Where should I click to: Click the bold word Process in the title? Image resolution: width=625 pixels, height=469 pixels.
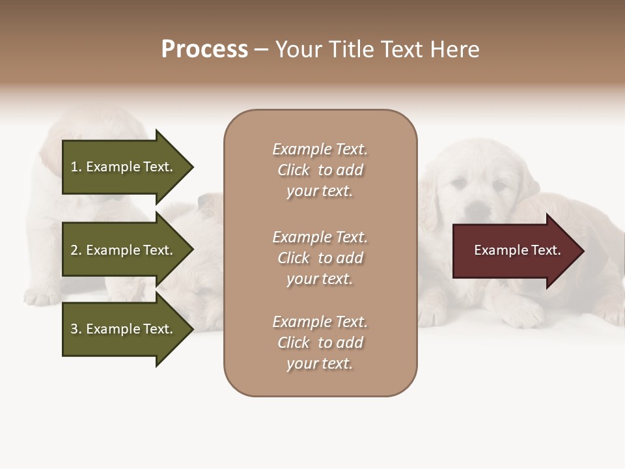(x=204, y=50)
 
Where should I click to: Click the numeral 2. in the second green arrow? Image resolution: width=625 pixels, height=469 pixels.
(x=76, y=250)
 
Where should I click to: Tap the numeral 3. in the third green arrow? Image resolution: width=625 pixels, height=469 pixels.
(x=76, y=329)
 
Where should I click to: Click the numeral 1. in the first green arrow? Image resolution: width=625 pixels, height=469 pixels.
(x=76, y=167)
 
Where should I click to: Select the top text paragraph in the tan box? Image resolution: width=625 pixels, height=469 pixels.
(x=320, y=170)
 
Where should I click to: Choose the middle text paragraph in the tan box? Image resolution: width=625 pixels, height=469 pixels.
(x=320, y=258)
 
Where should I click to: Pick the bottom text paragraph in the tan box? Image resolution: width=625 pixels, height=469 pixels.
(x=320, y=343)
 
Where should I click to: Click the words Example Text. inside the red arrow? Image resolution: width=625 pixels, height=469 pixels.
(x=517, y=250)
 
